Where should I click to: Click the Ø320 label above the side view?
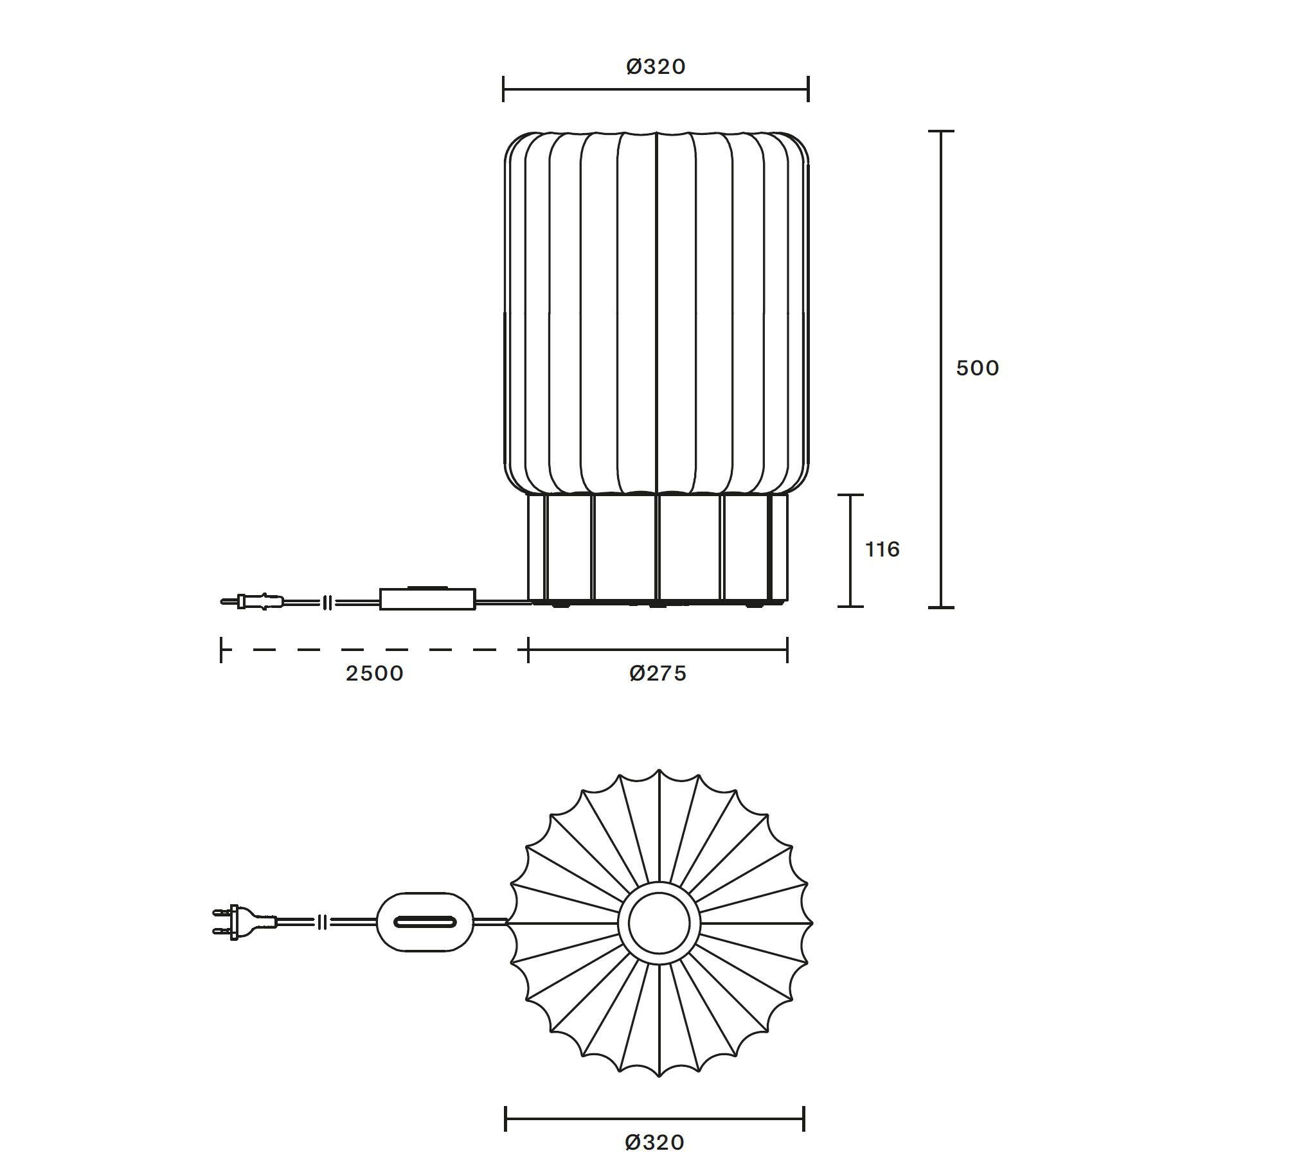point(656,66)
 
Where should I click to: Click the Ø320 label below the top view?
point(654,1141)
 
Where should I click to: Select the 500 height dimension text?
point(978,368)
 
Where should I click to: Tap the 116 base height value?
point(882,549)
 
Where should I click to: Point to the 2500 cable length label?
point(375,674)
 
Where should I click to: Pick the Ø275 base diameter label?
point(658,674)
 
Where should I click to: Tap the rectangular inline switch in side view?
point(427,599)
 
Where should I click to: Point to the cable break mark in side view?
point(327,603)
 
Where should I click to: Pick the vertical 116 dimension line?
point(850,550)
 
